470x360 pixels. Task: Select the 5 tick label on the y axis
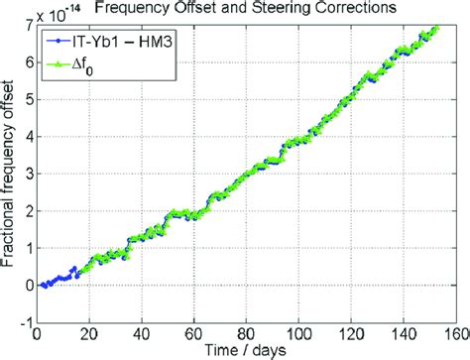(27, 99)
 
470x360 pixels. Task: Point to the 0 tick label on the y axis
(27, 285)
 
